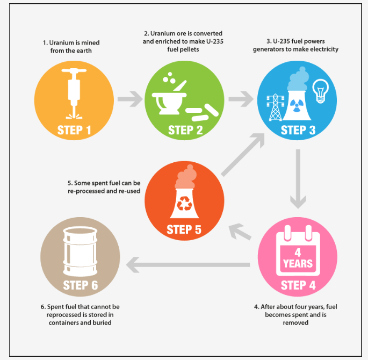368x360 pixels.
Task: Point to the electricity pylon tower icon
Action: pyautogui.click(x=276, y=106)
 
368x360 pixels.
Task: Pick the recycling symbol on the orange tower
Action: pyautogui.click(x=184, y=203)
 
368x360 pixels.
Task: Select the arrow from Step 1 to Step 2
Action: pyautogui.click(x=129, y=99)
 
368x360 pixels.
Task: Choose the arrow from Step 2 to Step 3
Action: pyautogui.click(x=240, y=99)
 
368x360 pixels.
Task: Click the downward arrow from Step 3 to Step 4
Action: pyautogui.click(x=298, y=177)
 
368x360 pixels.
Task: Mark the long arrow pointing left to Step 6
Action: pyautogui.click(x=188, y=264)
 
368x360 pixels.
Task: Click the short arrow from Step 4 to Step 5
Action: pyautogui.click(x=240, y=232)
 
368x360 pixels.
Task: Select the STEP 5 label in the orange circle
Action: pyautogui.click(x=184, y=230)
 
